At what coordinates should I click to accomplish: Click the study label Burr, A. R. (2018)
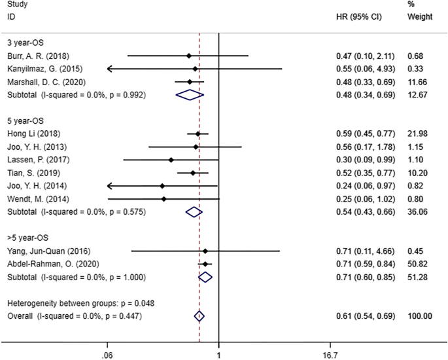(x=37, y=56)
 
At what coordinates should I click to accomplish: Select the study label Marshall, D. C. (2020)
(x=43, y=82)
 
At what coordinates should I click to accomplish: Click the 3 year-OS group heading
(x=26, y=43)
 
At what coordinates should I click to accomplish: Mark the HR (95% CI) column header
(x=354, y=15)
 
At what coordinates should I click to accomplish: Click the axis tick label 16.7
(x=330, y=353)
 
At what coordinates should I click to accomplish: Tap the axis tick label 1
(x=218, y=353)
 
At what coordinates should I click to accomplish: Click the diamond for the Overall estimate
(x=199, y=316)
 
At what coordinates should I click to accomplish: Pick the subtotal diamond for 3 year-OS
(x=190, y=95)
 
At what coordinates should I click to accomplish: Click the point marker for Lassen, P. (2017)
(x=171, y=160)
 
